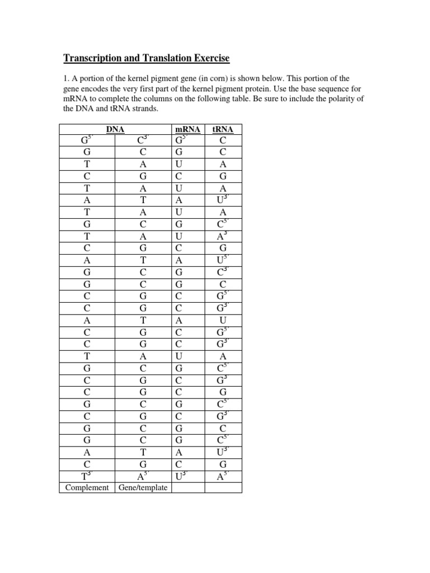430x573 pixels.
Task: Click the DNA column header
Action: tap(115, 129)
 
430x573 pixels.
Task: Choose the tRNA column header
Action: tap(223, 129)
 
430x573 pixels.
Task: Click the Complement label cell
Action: tap(87, 487)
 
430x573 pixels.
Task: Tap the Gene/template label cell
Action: tap(143, 487)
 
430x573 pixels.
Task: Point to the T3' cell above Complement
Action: tap(87, 477)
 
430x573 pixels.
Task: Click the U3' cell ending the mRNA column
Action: tap(188, 477)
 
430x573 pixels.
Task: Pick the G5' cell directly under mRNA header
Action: tap(188, 139)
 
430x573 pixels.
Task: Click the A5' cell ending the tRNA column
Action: tap(223, 477)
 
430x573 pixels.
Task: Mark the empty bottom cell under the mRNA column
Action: tap(188, 487)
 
